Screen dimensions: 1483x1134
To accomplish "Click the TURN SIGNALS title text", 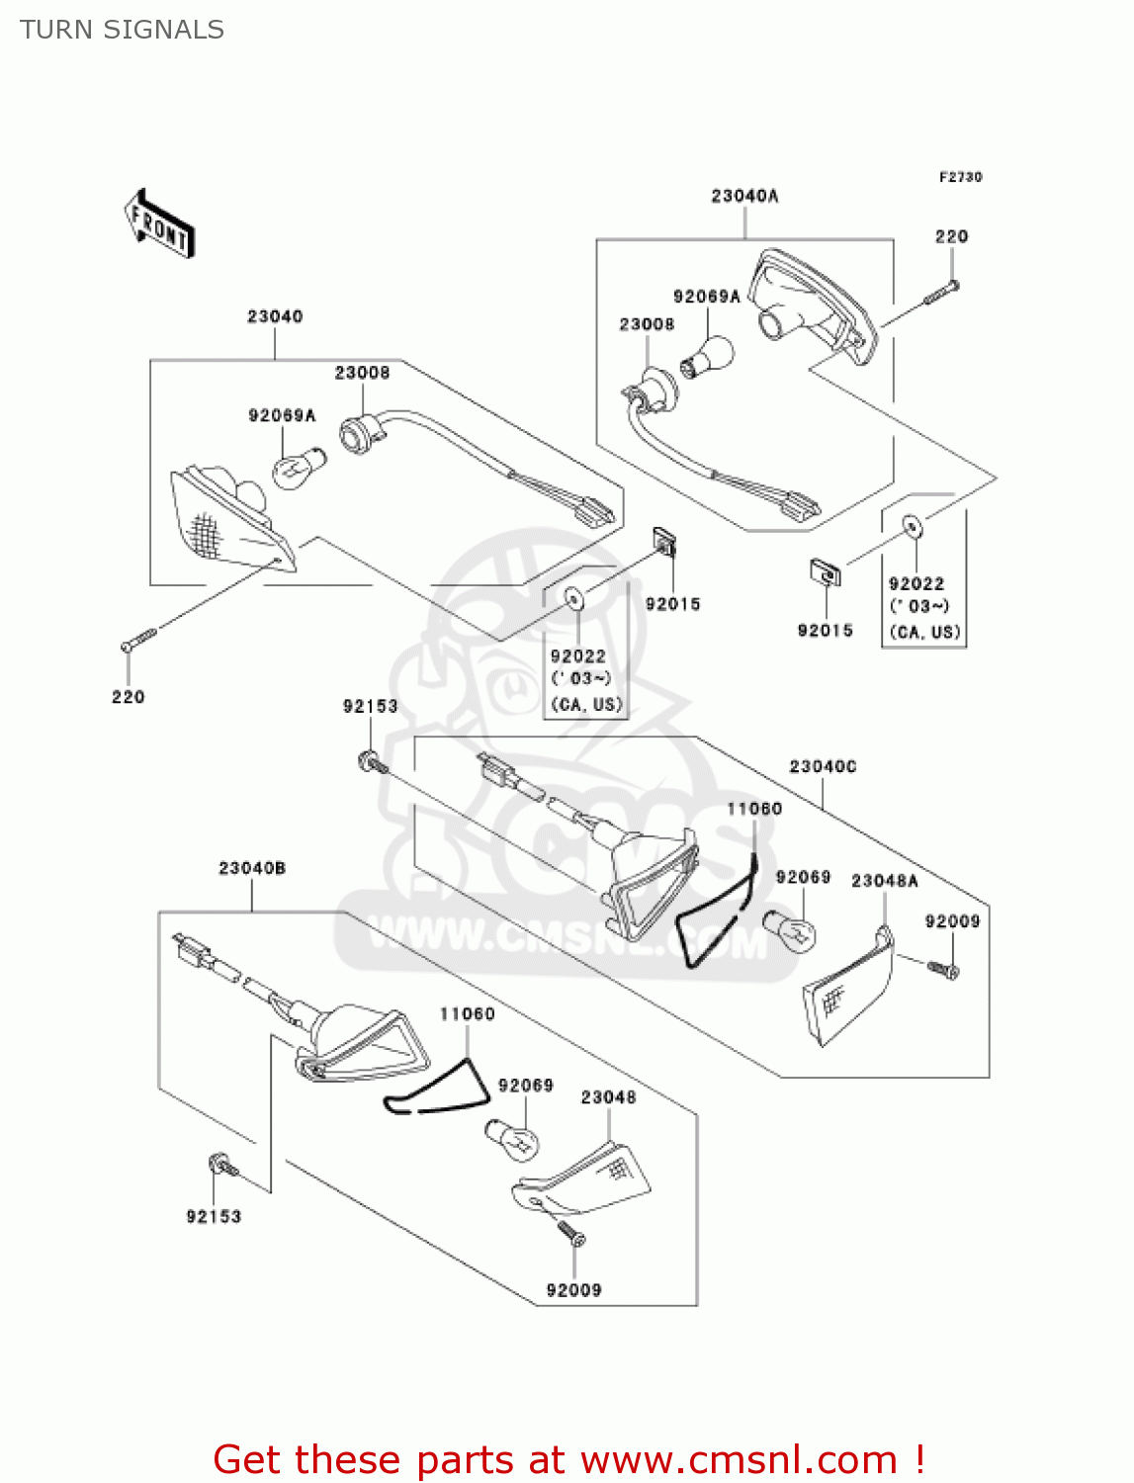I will (122, 30).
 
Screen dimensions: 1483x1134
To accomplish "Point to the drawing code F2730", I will (960, 177).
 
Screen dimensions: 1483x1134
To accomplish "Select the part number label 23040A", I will (744, 196).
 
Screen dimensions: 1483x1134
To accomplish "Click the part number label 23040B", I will (252, 868).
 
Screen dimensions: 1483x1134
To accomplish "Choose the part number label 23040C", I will (823, 766).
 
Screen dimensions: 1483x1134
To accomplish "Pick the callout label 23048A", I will (884, 880).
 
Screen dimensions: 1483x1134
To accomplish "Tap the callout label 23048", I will (608, 1097).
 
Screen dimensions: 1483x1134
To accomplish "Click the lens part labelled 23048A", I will (849, 990).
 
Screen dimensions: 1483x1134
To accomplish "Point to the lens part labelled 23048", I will (583, 1180).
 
